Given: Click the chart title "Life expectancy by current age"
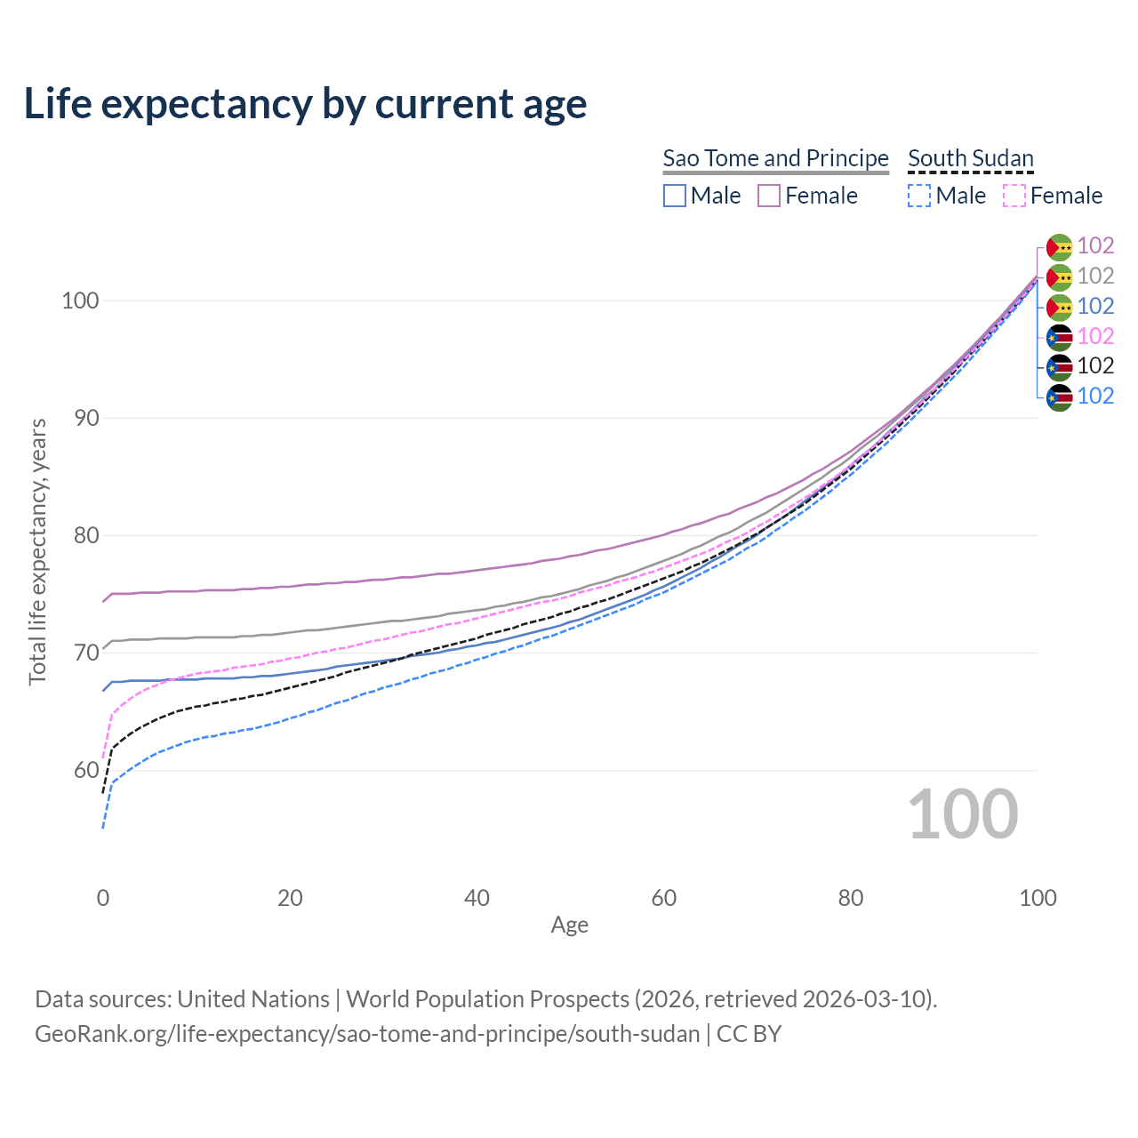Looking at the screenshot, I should (x=305, y=104).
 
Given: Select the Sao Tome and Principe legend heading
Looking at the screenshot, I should (x=775, y=158).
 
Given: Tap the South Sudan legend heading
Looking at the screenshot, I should (x=970, y=158).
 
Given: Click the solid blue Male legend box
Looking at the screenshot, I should (x=675, y=196).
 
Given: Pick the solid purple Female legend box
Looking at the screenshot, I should (x=769, y=196).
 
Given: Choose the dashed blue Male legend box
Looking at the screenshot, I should (x=919, y=196).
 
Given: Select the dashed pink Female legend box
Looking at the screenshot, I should (x=1014, y=196).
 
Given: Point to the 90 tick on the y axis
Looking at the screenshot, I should (x=79, y=418).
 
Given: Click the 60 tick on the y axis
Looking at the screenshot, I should (x=79, y=770).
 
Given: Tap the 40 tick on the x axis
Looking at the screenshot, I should (x=477, y=898).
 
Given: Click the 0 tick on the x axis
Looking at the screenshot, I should (x=103, y=898).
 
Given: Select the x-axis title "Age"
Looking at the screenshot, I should (x=569, y=926).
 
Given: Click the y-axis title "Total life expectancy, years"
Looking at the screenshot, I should (x=37, y=552).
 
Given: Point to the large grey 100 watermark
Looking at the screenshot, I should (x=962, y=814).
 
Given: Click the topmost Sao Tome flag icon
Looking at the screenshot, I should (x=1059, y=246).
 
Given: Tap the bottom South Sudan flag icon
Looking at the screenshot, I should (x=1059, y=397).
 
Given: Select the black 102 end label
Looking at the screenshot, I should (x=1095, y=366).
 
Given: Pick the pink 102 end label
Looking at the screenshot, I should (x=1095, y=336).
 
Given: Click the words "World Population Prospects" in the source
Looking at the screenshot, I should (x=487, y=999).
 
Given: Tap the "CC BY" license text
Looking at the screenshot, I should (x=749, y=1034).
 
